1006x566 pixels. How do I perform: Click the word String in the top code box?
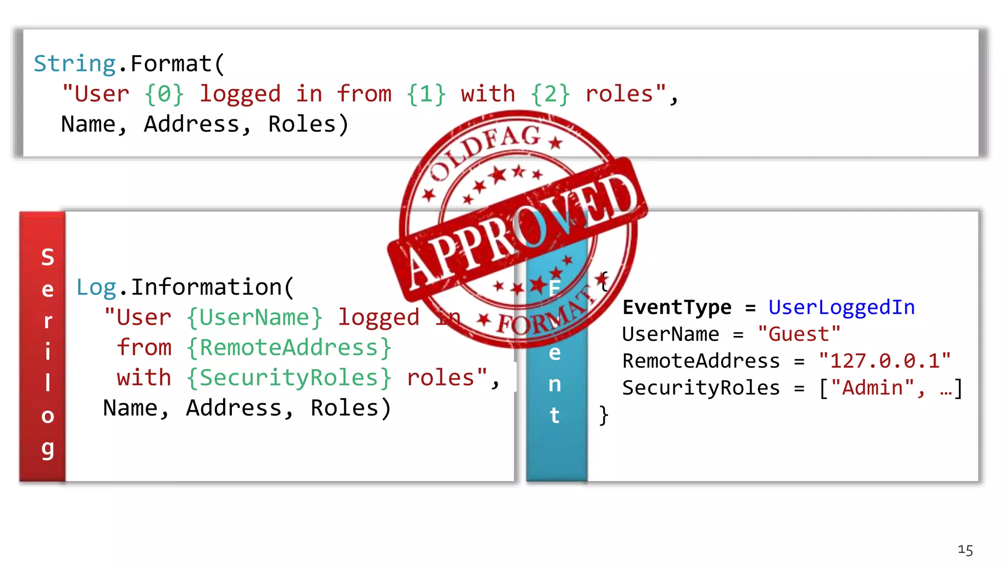75,64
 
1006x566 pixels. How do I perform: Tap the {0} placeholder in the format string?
165,94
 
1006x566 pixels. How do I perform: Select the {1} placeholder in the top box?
426,94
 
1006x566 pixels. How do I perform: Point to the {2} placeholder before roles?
550,94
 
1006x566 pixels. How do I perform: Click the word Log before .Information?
96,287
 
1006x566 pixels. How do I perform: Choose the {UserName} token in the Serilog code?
254,318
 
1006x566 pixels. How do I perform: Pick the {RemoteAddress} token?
289,348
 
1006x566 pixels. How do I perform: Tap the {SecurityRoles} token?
289,378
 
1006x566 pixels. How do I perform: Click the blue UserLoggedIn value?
841,308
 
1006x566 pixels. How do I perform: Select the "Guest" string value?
799,335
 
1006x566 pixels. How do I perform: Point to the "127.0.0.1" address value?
885,361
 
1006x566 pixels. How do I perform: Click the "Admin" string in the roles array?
872,388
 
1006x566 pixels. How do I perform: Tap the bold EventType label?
677,308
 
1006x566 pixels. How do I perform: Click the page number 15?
965,550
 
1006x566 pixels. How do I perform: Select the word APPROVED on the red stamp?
521,231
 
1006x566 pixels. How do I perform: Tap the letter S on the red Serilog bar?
48,257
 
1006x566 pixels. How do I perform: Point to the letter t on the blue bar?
555,415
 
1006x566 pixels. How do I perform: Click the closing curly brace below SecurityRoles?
604,415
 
